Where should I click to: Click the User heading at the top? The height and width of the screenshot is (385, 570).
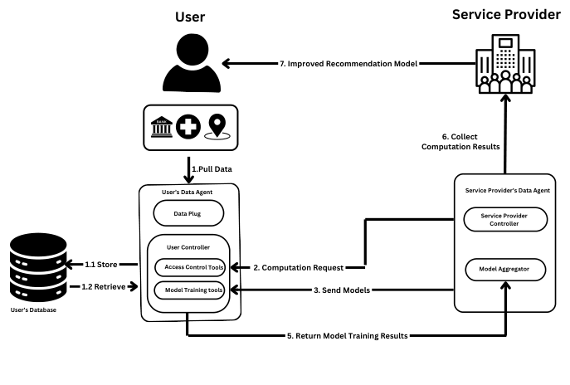coord(189,17)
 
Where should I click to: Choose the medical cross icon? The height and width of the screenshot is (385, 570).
coord(189,128)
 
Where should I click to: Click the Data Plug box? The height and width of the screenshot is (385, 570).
coord(188,212)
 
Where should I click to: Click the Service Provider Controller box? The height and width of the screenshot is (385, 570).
coord(504,219)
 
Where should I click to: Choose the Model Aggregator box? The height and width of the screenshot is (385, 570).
coord(504,268)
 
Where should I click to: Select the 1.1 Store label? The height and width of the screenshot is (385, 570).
coord(102,266)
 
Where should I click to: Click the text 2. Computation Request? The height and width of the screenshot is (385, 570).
coord(299,267)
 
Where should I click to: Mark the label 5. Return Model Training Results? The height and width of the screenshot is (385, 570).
coord(346,336)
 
